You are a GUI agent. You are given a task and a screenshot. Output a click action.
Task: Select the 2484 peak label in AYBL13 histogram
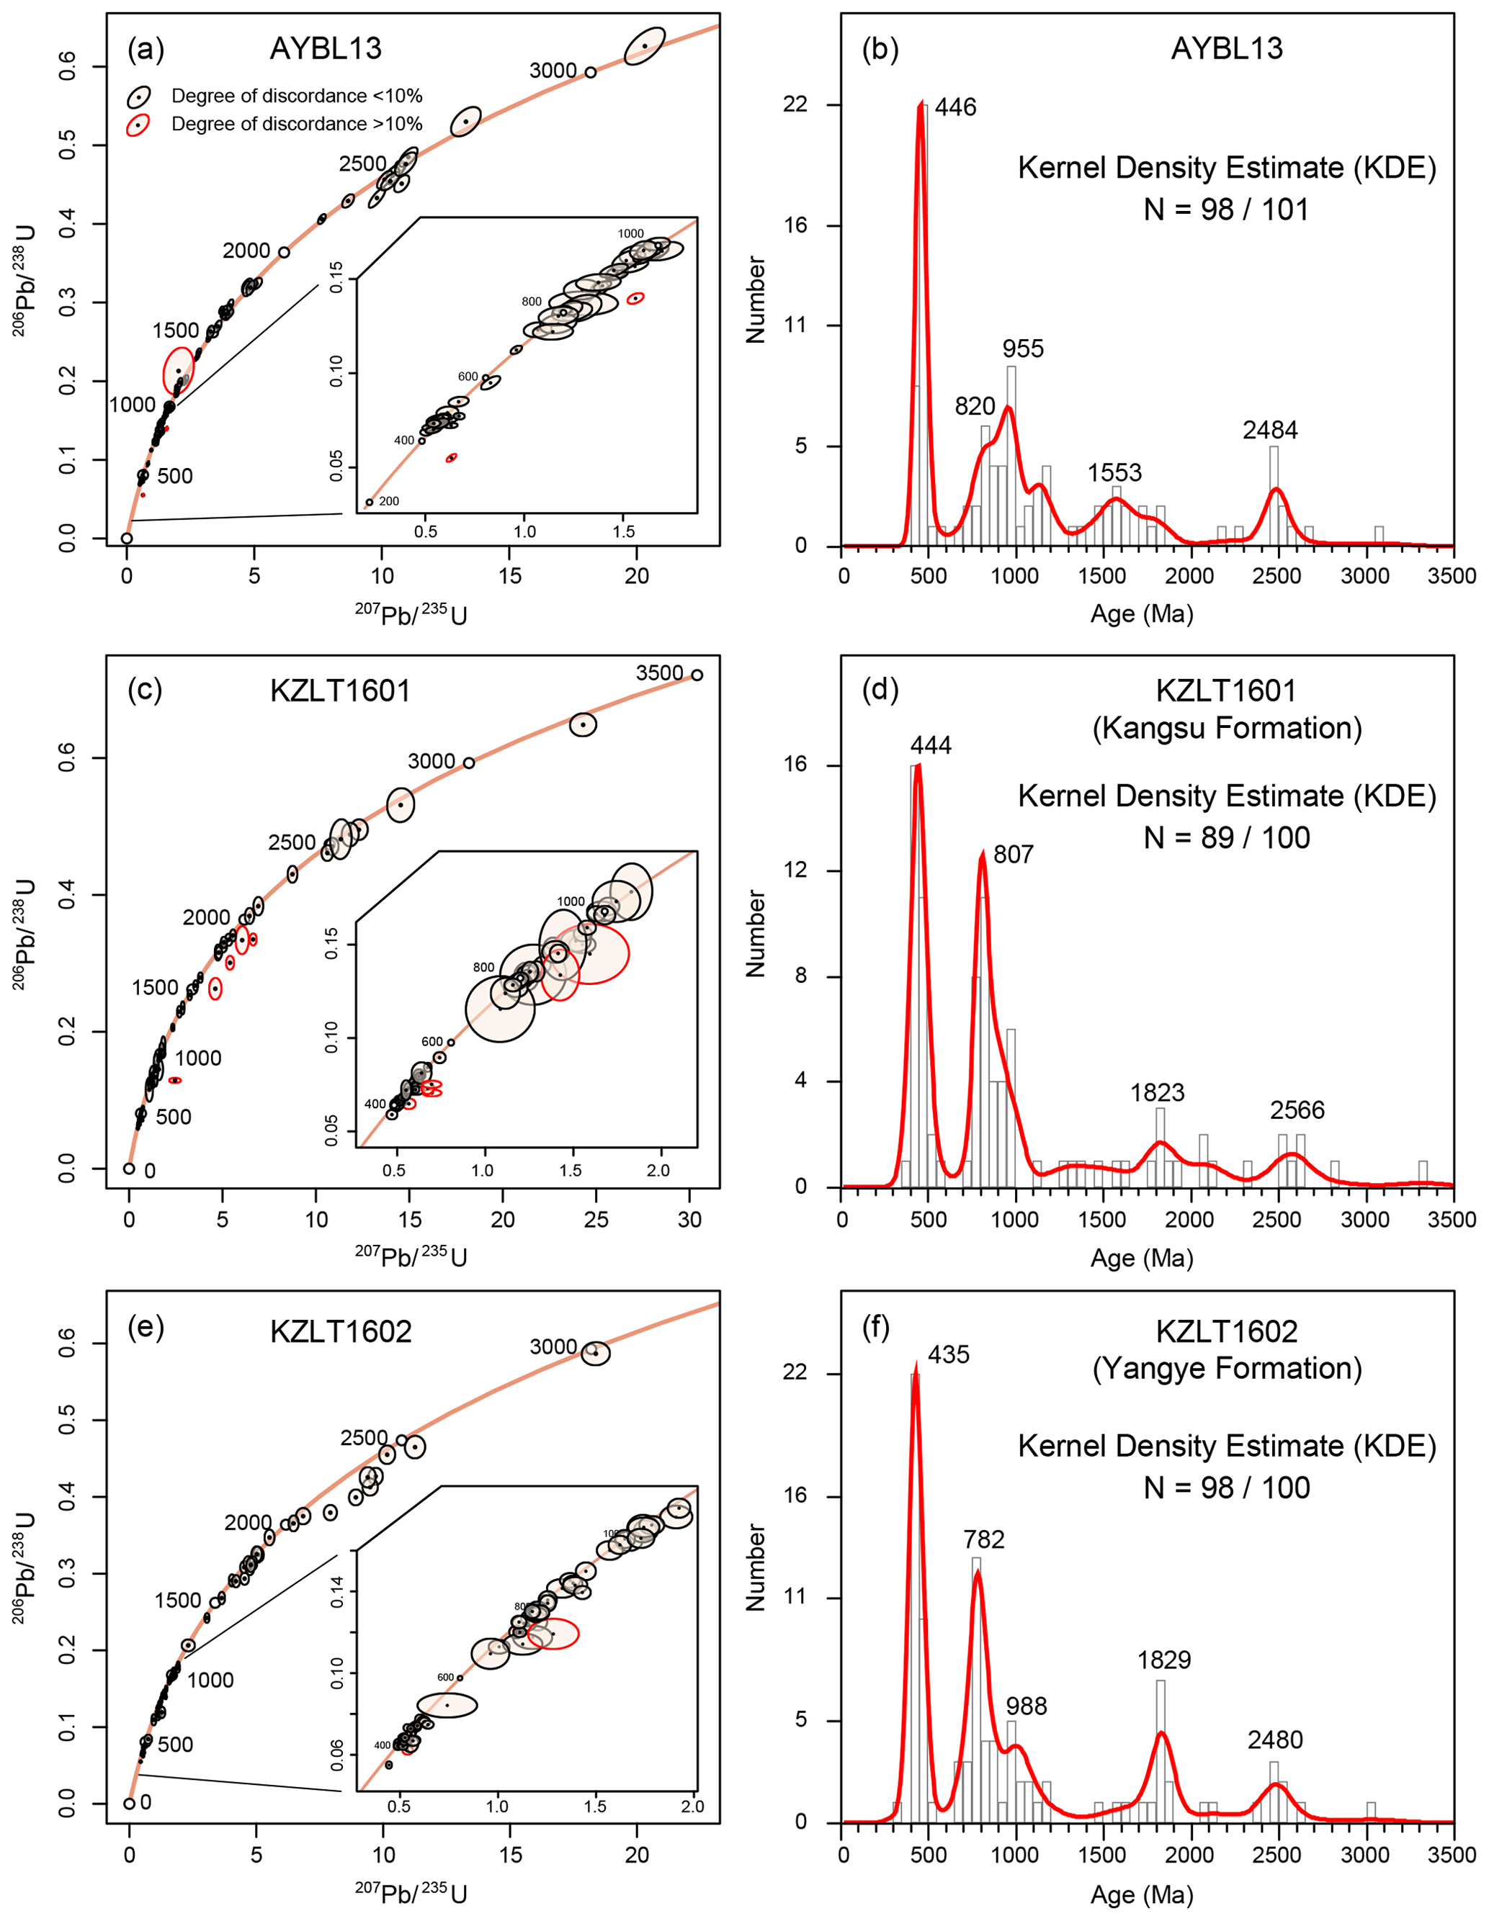coord(1270,430)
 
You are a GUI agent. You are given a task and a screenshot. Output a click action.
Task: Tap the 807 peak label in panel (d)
coord(1013,854)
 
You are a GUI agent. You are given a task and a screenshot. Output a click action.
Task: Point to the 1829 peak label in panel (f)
coord(1163,1660)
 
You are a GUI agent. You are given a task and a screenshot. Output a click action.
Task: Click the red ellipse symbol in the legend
coord(138,124)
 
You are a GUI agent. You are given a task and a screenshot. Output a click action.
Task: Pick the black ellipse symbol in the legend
coord(138,96)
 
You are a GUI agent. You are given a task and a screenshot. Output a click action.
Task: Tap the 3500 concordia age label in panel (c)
coord(659,673)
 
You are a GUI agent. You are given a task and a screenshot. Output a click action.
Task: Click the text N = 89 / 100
coord(1226,837)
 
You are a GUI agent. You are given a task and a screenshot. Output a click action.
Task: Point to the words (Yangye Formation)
coord(1226,1369)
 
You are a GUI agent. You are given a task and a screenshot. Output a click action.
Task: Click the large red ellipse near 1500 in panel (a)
coord(179,372)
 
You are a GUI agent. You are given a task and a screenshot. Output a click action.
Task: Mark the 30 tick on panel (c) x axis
coord(690,1220)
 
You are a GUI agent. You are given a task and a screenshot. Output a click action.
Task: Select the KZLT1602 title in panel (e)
coord(341,1332)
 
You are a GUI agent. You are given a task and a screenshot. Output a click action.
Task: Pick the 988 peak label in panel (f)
coord(1026,1706)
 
